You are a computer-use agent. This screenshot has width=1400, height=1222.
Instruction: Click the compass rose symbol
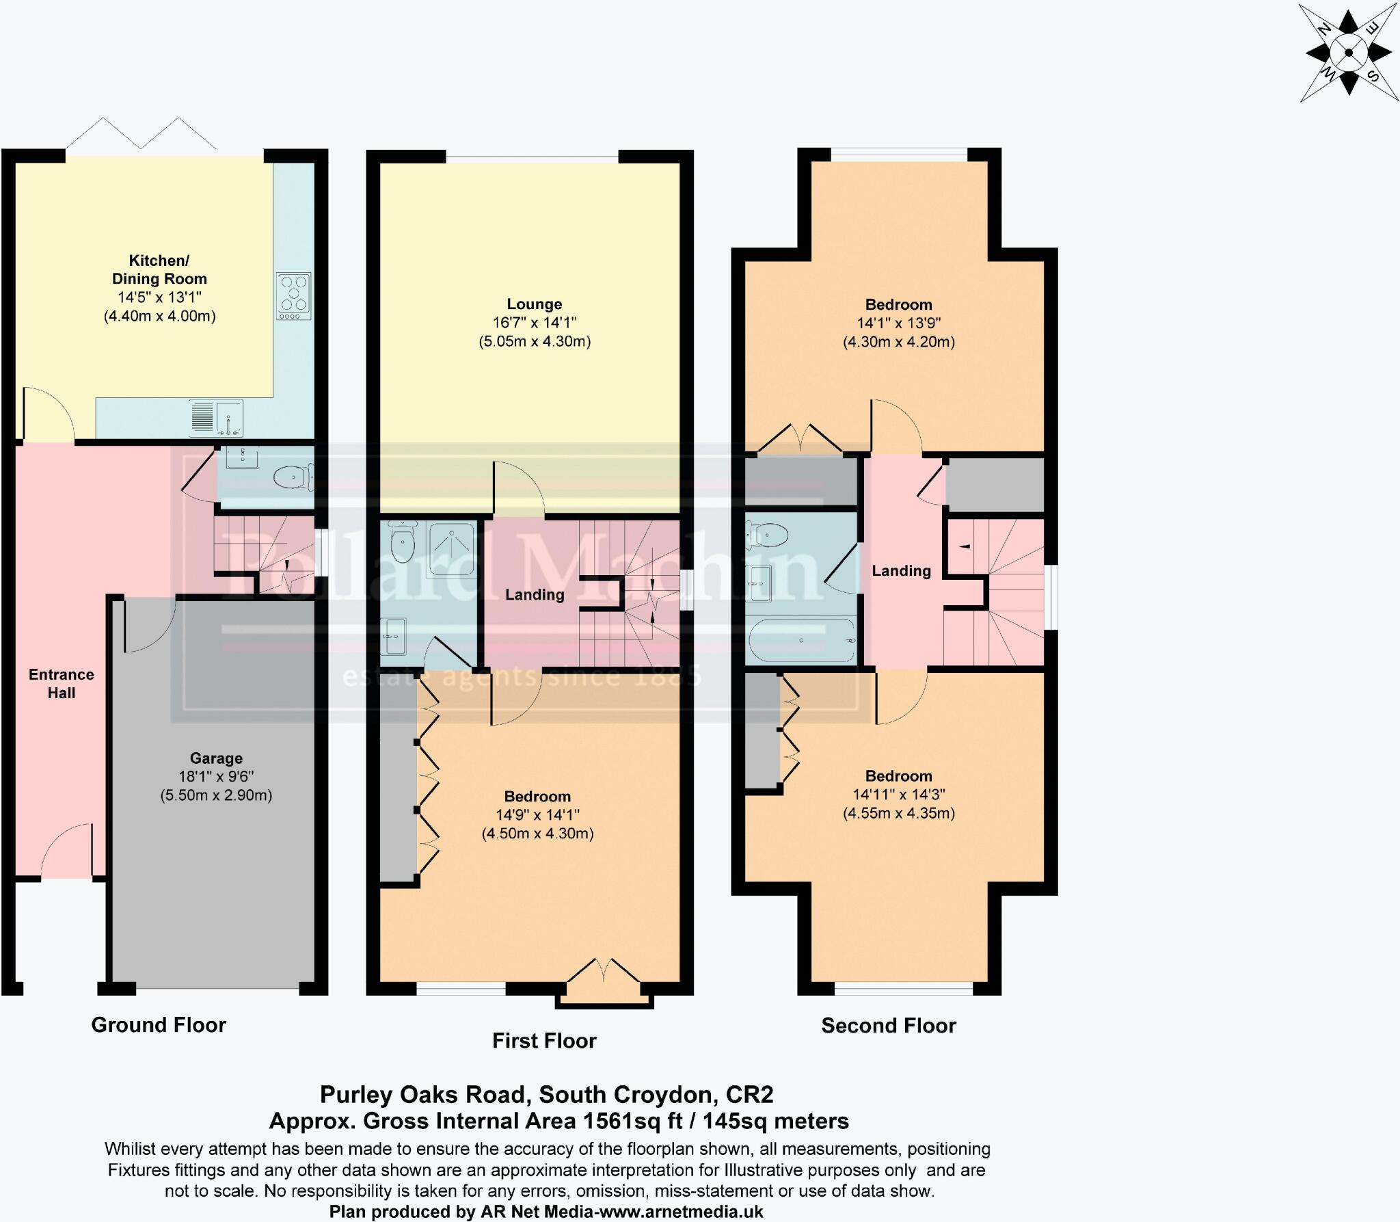tap(1348, 52)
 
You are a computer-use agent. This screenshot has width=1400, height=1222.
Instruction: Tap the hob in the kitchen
tap(293, 295)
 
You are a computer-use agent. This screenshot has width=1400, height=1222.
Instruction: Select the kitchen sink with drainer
tap(217, 418)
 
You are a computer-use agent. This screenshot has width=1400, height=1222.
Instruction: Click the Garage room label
tap(216, 758)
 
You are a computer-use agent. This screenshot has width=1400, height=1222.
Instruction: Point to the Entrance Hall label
tap(62, 683)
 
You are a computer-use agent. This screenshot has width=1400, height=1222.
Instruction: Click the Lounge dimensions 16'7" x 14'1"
tap(535, 323)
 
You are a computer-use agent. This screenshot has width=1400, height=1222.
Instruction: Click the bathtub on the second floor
tap(801, 641)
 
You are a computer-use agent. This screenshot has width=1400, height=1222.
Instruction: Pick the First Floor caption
tap(544, 1041)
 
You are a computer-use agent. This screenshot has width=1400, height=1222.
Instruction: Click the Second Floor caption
tap(888, 1025)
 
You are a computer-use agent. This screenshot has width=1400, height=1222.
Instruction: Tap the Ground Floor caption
tap(159, 1024)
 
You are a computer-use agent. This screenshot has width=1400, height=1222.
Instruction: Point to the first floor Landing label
tap(535, 595)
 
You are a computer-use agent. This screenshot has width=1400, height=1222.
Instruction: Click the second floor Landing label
tap(901, 570)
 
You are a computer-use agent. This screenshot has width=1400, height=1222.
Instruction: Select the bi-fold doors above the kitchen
tap(141, 134)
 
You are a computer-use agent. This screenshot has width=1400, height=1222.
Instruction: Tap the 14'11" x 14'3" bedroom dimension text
tap(898, 795)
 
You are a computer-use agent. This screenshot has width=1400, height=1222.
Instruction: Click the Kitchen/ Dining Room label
tap(159, 269)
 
